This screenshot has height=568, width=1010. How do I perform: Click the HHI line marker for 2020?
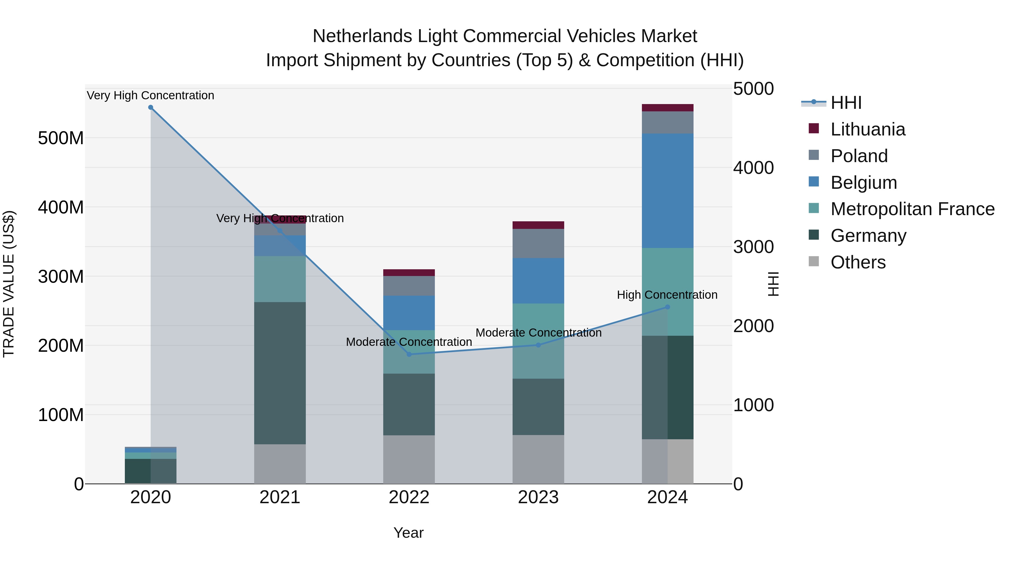151,107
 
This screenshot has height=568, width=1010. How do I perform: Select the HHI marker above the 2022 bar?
409,354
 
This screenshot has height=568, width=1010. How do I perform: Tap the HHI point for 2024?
668,307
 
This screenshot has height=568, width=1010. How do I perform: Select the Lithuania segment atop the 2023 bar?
538,225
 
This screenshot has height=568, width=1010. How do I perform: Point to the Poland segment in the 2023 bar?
538,243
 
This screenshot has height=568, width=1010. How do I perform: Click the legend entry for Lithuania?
868,129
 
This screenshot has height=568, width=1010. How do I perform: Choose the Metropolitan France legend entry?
912,209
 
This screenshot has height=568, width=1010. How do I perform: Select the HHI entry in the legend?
846,103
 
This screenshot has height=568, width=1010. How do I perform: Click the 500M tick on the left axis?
61,138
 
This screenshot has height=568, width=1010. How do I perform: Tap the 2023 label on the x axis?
538,497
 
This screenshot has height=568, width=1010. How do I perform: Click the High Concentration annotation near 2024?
667,295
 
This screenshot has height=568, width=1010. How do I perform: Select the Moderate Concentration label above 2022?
409,342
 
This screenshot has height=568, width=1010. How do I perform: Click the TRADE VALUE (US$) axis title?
9,284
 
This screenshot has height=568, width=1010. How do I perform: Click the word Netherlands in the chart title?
362,36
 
